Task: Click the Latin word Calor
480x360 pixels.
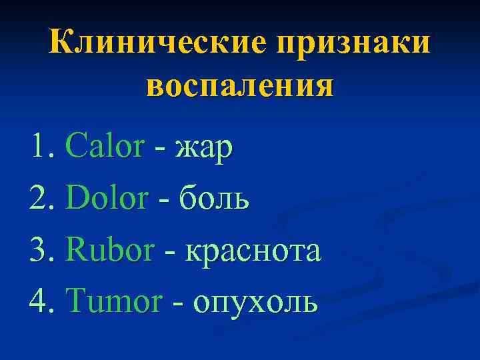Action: click(105, 147)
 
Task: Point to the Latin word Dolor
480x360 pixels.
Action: click(107, 198)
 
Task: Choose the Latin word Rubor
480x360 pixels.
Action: click(111, 250)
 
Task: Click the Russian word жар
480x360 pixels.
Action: click(204, 148)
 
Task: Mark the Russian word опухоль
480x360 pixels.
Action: click(256, 303)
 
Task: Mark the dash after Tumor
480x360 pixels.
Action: click(178, 305)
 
